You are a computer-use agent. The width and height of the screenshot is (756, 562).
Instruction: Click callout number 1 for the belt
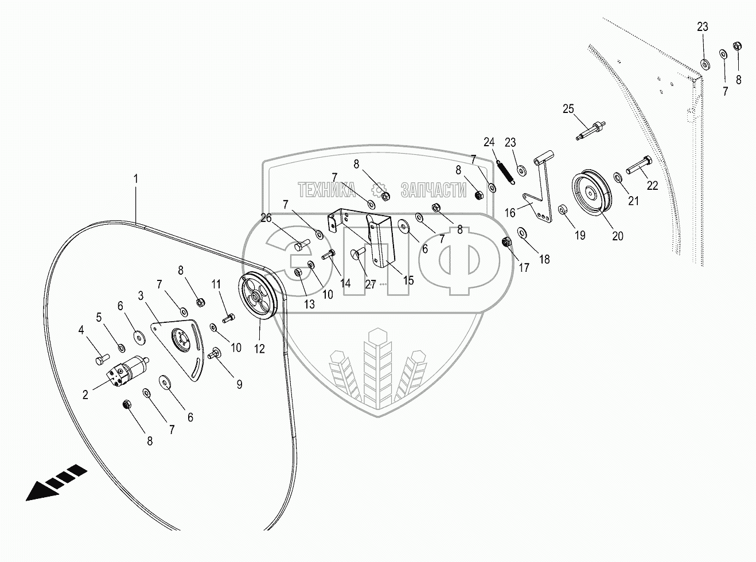(x=135, y=179)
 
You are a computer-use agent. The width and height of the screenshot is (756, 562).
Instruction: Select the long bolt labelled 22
(x=638, y=167)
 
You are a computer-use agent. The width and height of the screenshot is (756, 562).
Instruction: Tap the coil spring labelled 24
(x=505, y=171)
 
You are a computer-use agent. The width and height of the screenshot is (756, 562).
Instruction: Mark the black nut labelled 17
(x=506, y=241)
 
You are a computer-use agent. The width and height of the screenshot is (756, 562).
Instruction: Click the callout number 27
(x=370, y=284)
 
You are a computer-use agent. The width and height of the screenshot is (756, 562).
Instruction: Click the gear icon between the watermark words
(x=379, y=190)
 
